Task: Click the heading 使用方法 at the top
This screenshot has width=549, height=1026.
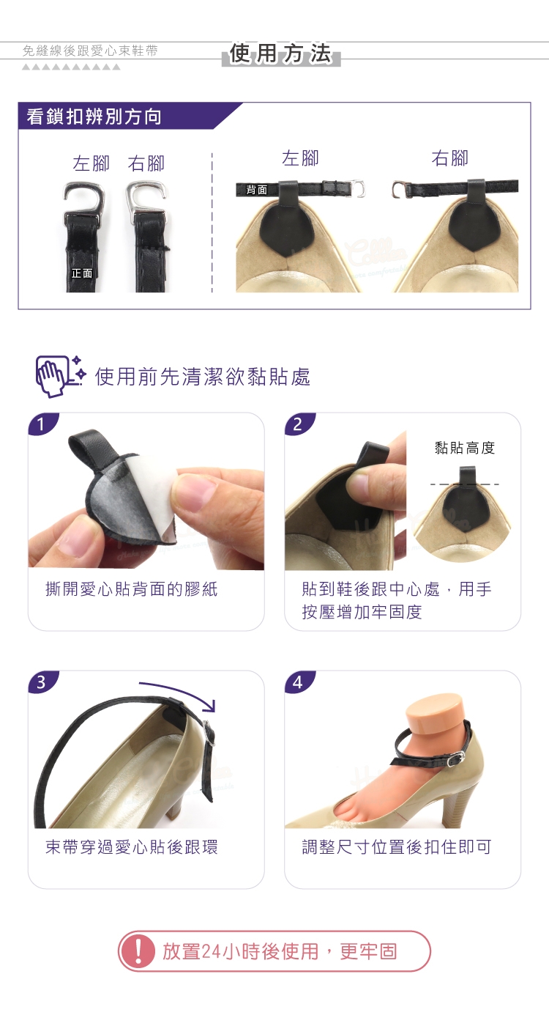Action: (280, 53)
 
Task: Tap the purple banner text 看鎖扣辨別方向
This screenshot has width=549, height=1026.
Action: (94, 117)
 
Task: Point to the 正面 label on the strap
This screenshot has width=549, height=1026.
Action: (82, 273)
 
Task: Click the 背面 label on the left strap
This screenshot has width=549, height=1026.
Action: (257, 190)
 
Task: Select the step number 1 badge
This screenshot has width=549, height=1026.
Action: (41, 424)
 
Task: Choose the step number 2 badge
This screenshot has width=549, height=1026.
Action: (297, 424)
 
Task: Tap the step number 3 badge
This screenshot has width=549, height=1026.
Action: (41, 682)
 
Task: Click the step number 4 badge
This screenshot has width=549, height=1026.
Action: (297, 682)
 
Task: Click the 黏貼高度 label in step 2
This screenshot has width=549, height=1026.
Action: (464, 448)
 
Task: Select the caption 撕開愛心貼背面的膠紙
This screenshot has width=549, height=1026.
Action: (132, 589)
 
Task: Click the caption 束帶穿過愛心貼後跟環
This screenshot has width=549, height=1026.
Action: (132, 847)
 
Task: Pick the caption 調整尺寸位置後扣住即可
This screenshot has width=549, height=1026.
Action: (397, 847)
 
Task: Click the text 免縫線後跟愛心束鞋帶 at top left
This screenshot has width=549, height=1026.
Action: (90, 51)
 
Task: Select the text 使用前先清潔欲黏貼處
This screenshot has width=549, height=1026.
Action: (203, 377)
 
